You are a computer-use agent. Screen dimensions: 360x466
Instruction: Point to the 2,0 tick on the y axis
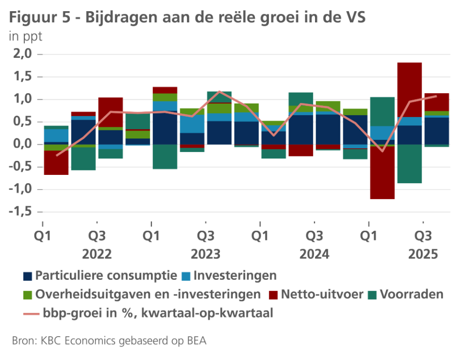click(22, 54)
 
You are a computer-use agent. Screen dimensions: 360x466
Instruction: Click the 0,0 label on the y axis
click(22, 144)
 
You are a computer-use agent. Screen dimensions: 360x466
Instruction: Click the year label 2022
click(97, 254)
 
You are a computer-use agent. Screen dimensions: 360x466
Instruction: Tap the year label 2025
click(423, 254)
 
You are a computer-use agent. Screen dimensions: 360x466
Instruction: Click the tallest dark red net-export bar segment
click(409, 90)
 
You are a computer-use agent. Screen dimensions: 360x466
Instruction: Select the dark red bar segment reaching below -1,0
click(382, 172)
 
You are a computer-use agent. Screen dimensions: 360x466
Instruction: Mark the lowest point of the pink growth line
click(382, 151)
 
